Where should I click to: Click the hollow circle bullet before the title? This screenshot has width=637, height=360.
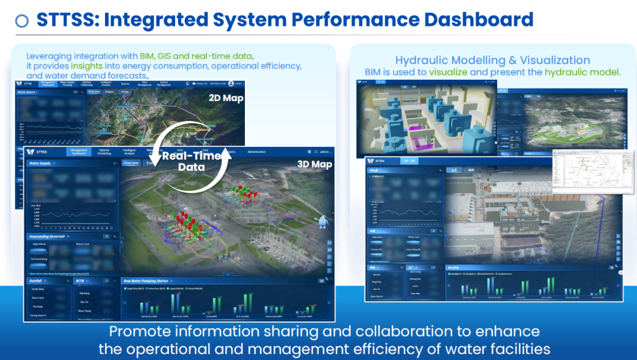pyautogui.click(x=22, y=21)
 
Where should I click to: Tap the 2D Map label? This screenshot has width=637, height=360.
pyautogui.click(x=226, y=98)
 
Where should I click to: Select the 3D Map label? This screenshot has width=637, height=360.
pyautogui.click(x=313, y=164)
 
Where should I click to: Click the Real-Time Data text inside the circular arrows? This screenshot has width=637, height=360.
pyautogui.click(x=191, y=161)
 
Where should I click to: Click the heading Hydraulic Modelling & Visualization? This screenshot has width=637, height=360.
pyautogui.click(x=492, y=60)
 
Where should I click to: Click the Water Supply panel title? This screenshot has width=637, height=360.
pyautogui.click(x=42, y=163)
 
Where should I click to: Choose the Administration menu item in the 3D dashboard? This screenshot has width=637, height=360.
pyautogui.click(x=257, y=152)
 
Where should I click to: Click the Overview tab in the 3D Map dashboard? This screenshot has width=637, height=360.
pyautogui.click(x=131, y=163)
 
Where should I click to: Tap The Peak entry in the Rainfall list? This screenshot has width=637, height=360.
pyautogui.click(x=38, y=307)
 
